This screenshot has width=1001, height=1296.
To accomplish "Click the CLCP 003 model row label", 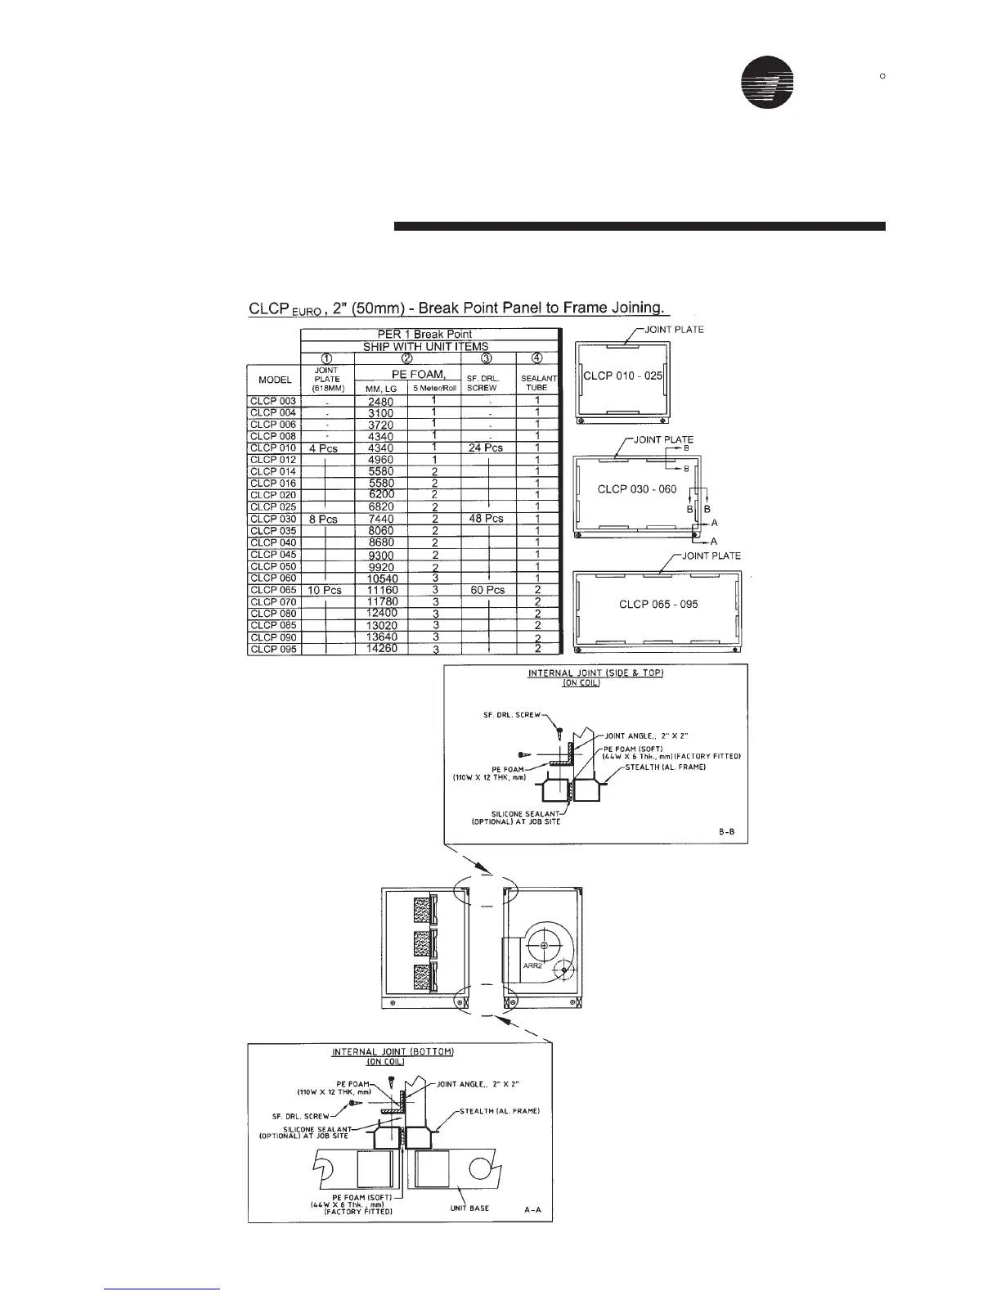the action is (x=273, y=401).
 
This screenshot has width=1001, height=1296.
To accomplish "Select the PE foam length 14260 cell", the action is (x=381, y=649).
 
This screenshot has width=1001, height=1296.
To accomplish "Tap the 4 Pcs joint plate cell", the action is (x=323, y=448).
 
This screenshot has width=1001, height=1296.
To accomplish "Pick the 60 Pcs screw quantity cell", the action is (x=487, y=590).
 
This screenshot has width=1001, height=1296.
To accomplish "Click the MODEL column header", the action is (x=274, y=380).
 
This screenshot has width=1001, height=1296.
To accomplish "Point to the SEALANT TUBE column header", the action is (x=538, y=382).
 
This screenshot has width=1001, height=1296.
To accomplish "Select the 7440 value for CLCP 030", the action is (x=381, y=520).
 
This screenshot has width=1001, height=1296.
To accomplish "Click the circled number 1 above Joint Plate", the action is (x=325, y=358).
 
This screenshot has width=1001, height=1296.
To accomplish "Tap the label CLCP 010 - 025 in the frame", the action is (x=622, y=376).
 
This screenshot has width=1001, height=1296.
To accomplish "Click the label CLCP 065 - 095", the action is (x=658, y=605).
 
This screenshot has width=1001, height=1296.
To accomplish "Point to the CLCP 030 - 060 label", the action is (x=637, y=489).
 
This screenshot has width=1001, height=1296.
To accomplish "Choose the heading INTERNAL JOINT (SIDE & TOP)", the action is (x=595, y=673).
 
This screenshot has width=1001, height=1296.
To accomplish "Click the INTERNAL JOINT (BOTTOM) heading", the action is (x=393, y=1051).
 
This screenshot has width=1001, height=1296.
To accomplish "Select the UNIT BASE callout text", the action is (x=469, y=1208).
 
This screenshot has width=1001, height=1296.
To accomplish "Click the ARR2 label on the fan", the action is (x=533, y=966).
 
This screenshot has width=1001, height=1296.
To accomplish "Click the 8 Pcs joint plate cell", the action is (x=323, y=520).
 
